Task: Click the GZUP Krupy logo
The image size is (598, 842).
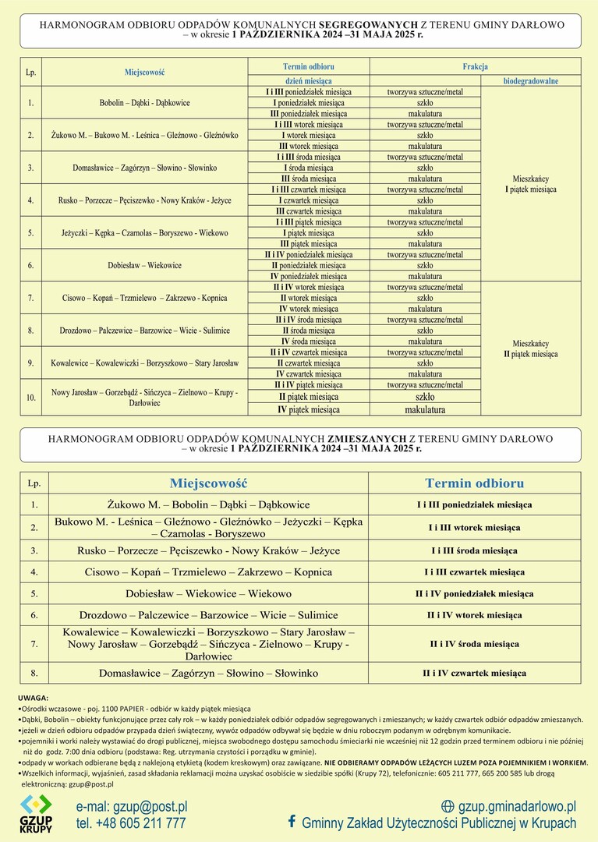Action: [x=36, y=814]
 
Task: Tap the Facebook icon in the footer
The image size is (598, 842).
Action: [x=292, y=822]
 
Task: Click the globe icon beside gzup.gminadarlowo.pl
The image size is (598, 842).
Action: [x=448, y=806]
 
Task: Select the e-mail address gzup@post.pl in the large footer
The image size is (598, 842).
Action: [x=132, y=806]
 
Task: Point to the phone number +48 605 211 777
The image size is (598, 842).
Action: [x=131, y=823]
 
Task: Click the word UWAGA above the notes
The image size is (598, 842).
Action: [x=34, y=697]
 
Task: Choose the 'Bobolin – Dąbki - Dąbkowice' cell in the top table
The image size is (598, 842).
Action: [x=144, y=102]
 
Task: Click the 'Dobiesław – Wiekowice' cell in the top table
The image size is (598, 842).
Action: [x=144, y=265]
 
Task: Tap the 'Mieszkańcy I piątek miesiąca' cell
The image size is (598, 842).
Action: [x=530, y=183]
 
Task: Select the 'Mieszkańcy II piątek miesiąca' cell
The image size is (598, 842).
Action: [x=530, y=348]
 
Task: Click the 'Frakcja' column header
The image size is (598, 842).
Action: [x=475, y=67]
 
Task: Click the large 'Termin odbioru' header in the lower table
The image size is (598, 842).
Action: [x=474, y=483]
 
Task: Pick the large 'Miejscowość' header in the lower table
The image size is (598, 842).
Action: [x=208, y=483]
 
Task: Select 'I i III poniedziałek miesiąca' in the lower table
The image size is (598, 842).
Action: [x=474, y=504]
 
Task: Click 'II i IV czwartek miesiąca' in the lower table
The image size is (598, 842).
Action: [x=474, y=673]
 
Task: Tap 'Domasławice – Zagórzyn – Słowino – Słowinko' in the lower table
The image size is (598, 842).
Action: [x=208, y=673]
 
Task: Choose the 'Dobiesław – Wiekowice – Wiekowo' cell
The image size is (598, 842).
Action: [x=208, y=593]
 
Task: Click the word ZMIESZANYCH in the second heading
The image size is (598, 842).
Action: [x=367, y=439]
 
